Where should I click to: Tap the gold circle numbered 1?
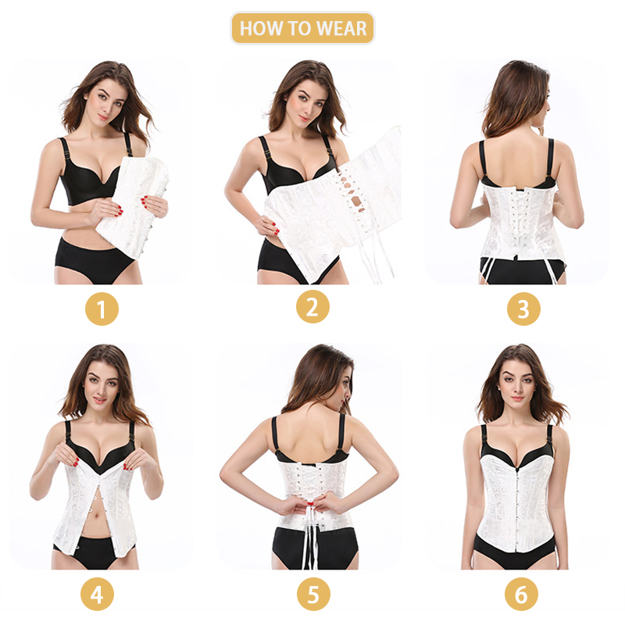102,309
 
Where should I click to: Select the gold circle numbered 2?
312,306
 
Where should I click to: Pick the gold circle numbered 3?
523,309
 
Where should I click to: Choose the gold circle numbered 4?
97,594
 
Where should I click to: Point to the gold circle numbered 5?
313,594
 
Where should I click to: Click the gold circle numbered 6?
521,594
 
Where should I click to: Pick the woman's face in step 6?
517,384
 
